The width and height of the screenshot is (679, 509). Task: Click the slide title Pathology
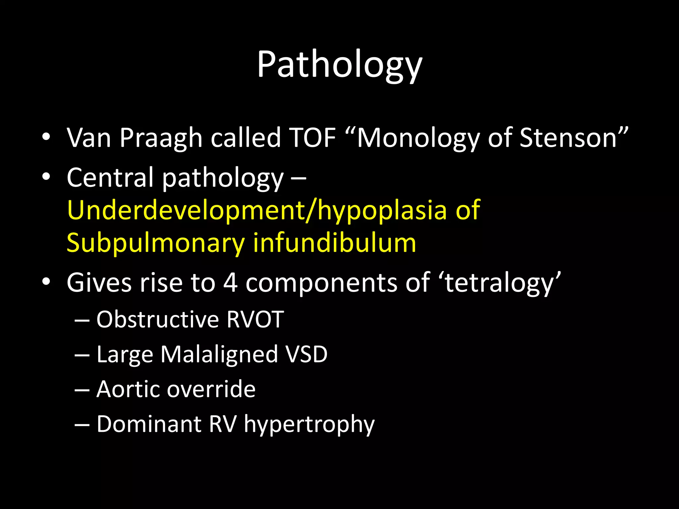point(339,65)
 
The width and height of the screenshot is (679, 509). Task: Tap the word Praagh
point(161,138)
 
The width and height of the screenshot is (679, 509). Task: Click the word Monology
point(417,138)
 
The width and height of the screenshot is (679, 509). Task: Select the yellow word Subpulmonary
point(155,243)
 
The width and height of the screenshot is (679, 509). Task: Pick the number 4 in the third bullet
point(230,283)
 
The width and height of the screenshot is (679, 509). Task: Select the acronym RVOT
point(255,319)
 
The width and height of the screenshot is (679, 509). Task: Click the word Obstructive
point(157,319)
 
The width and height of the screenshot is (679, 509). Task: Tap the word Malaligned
point(219,354)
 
